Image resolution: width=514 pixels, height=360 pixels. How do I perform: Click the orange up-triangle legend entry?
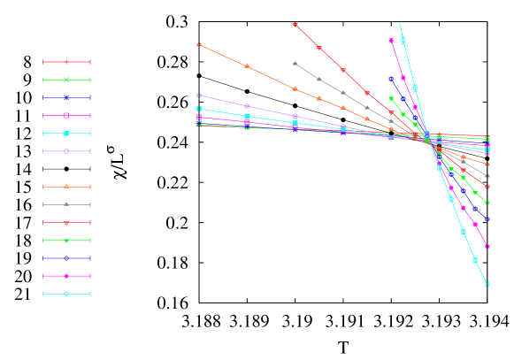(x=66, y=187)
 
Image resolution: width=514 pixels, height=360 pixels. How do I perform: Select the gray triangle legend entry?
(x=66, y=204)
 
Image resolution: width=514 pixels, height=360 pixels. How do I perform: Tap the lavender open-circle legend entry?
(x=66, y=151)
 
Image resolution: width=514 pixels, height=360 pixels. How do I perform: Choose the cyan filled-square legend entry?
(x=66, y=134)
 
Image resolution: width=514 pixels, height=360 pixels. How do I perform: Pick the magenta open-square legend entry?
(x=66, y=116)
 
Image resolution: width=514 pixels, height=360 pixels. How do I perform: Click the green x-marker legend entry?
(x=66, y=80)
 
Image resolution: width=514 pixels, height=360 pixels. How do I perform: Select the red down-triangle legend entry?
(x=66, y=223)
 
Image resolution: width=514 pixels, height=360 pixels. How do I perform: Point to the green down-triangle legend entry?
(x=66, y=241)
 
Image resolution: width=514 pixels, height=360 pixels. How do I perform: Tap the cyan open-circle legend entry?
(x=66, y=294)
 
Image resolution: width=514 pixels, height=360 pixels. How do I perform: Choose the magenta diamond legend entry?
(x=66, y=276)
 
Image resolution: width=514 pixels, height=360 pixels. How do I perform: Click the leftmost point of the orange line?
(x=198, y=43)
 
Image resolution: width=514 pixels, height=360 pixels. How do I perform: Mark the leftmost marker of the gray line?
(x=295, y=64)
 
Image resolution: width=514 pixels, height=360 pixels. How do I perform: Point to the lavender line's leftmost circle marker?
(x=198, y=95)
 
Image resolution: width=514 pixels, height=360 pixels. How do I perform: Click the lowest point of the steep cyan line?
(x=487, y=284)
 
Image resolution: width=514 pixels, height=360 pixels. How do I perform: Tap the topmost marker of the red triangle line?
(x=295, y=25)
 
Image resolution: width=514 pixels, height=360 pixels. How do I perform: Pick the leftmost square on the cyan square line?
(x=198, y=109)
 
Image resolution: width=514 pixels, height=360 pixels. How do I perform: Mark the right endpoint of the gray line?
(x=487, y=176)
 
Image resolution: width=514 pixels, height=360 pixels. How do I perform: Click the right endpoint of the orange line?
(x=487, y=165)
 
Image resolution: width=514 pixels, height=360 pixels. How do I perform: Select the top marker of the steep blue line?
(x=391, y=79)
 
